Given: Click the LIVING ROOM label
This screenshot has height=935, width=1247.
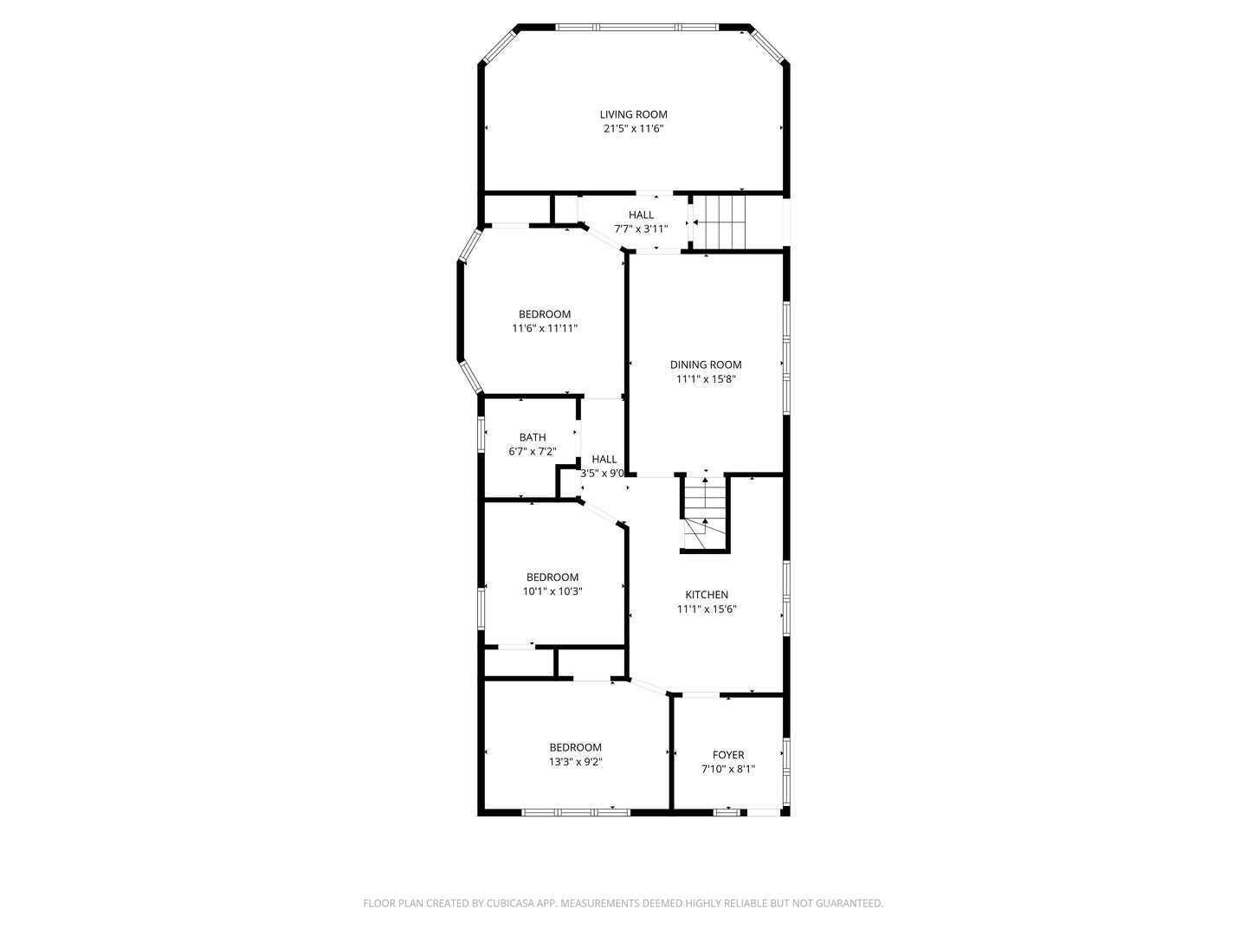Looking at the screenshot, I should (634, 114).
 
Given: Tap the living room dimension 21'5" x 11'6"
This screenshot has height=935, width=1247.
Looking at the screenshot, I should (634, 129).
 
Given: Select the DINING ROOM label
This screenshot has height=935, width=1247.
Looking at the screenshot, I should (706, 364).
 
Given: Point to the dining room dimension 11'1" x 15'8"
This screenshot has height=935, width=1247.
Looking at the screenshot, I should (706, 379).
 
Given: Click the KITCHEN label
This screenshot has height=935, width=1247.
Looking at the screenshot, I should (707, 595).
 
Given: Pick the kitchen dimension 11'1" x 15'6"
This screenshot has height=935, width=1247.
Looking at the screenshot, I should (707, 609).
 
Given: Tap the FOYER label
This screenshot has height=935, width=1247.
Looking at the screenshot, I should (728, 755).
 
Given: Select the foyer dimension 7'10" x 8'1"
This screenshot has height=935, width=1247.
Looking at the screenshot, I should (728, 769).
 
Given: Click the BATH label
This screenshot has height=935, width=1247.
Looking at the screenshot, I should (533, 437).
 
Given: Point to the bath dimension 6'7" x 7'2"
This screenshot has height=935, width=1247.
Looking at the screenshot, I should (533, 451).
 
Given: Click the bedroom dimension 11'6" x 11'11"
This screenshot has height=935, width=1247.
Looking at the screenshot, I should (545, 329).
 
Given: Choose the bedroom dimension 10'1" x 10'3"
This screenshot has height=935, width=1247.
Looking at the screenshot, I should (552, 592).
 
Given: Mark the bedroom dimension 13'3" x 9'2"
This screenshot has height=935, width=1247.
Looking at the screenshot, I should (575, 762).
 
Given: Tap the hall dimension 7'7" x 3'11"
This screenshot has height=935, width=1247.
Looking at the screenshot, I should (641, 229).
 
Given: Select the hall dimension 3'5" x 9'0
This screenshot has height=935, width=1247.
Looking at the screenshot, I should (603, 474).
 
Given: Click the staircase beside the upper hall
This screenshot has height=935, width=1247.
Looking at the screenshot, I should (723, 222).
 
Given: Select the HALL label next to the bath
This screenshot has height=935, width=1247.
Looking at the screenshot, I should (604, 459).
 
